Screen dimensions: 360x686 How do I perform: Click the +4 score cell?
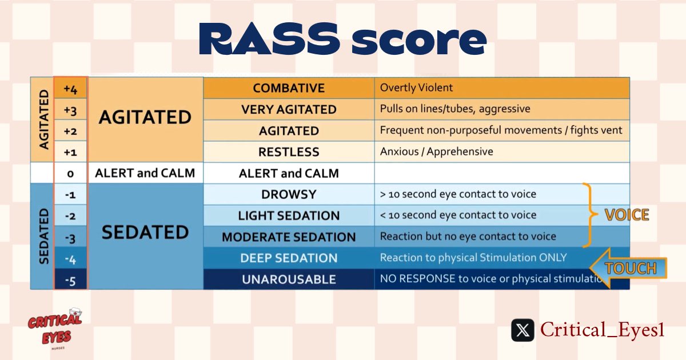coord(70,88)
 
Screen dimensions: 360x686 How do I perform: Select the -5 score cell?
coord(70,279)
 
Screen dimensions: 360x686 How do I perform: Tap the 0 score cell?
coord(70,173)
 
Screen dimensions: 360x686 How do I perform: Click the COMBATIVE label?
coord(289,88)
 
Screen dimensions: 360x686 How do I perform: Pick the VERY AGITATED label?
coord(289,109)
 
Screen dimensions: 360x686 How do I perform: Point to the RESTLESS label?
coord(289,152)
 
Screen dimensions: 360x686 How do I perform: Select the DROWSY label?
coord(289,194)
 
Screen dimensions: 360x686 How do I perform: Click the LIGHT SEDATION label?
coord(289,215)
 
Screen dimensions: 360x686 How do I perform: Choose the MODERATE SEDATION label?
coord(289,237)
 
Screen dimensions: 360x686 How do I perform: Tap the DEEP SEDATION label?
coord(289,258)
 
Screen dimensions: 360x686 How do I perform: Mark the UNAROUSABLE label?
coord(289,279)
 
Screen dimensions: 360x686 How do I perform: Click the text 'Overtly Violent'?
coord(416,88)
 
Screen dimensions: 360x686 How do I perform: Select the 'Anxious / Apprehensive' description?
coord(436,152)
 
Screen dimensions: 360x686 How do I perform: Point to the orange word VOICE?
coord(627,215)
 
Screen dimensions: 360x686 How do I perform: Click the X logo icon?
coord(523,330)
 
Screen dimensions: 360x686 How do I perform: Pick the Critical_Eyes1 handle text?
coord(602,330)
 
